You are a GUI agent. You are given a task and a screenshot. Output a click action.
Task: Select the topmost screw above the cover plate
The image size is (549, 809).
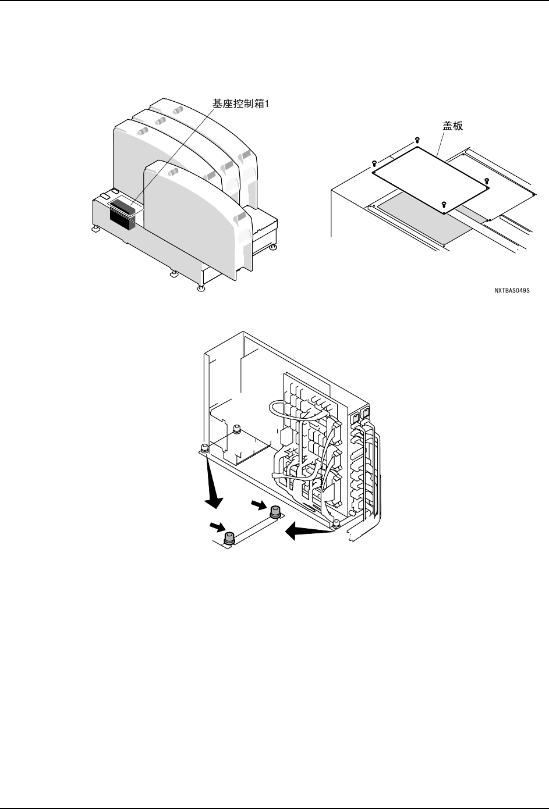coord(417,140)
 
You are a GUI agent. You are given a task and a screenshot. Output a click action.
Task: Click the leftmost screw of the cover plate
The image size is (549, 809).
coord(374,163)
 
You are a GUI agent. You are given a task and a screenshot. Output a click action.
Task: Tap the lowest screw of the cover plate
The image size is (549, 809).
coord(444,203)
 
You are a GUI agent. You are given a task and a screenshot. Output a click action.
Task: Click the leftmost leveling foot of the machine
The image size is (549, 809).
coord(94,230)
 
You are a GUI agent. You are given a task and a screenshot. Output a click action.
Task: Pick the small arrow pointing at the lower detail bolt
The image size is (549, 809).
coord(218,527)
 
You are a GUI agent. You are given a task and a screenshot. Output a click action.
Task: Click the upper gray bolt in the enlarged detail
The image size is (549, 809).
coord(275,512)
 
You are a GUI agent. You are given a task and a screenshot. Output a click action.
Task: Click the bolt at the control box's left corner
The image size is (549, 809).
coord(204,447)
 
